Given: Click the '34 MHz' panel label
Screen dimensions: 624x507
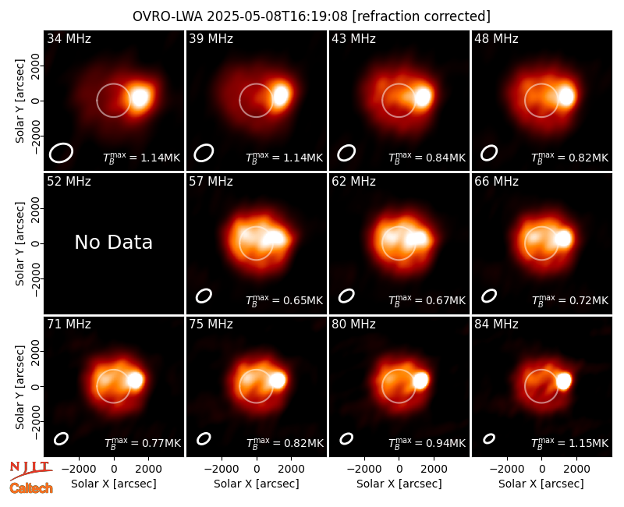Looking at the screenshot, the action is coord(69,38).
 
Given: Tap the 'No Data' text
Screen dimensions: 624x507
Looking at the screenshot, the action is coord(113,242).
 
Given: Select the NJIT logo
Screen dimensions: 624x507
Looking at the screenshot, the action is coord(30,470).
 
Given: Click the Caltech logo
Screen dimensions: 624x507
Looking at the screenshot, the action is coord(31,488).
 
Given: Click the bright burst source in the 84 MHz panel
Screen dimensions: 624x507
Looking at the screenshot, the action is coord(564,381).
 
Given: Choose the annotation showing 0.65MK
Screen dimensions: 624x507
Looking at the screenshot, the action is coord(284,300).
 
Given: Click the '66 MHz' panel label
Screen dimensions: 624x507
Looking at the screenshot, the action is coord(496,182).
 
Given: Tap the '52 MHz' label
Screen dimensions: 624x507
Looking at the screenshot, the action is coord(69,182).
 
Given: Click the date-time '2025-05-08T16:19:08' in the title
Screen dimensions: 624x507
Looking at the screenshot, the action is coord(277,16).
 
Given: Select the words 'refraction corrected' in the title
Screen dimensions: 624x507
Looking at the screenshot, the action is coord(421,16).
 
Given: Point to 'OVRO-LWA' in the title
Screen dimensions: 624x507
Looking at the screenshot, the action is coord(168,16).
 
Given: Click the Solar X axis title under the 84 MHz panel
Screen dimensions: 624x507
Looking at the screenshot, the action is coord(541,484).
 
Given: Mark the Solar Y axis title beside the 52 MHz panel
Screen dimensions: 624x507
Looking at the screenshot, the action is coord(19,243).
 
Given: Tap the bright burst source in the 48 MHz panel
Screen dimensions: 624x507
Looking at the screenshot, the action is coord(566,96).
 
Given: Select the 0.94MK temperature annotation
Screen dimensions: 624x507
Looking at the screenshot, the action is coord(427,443).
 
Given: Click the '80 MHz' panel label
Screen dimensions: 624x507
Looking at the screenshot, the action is coord(354,324).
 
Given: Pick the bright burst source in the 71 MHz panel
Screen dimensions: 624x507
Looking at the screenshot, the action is coord(135,380).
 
